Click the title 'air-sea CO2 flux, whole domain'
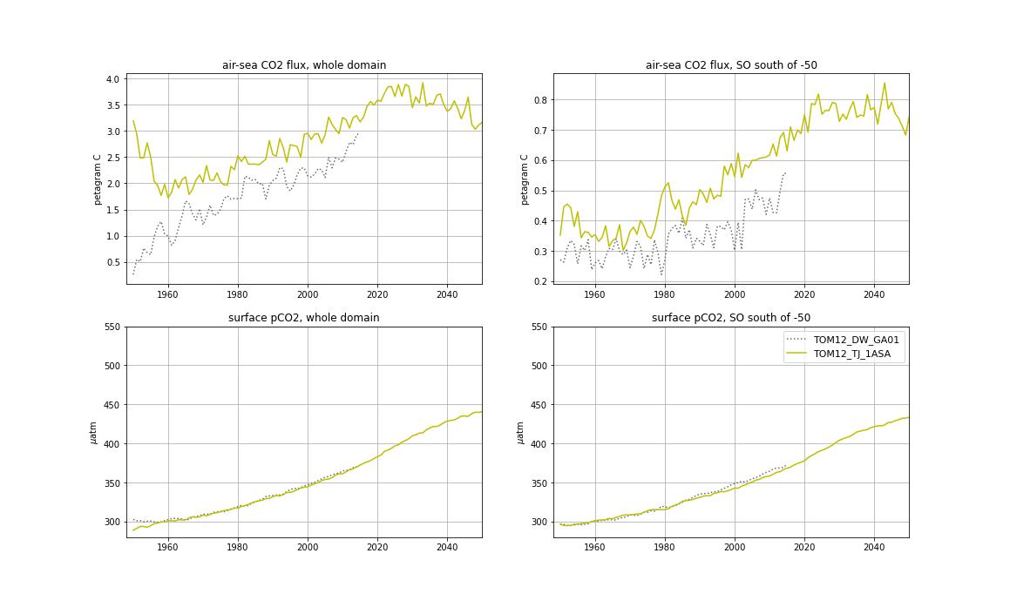(x=303, y=65)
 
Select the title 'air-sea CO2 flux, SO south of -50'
(x=730, y=65)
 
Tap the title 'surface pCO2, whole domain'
(x=303, y=318)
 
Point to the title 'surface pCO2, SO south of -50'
(x=730, y=318)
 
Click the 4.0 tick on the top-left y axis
(x=112, y=79)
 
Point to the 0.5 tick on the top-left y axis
(x=112, y=262)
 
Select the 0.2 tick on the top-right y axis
(x=539, y=281)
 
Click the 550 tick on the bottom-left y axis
(x=110, y=327)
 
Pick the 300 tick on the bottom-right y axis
(x=537, y=522)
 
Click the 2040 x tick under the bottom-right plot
(x=874, y=547)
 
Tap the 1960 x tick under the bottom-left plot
(x=167, y=547)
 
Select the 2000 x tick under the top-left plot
(x=307, y=294)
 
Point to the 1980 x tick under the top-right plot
(x=664, y=294)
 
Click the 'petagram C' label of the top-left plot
(x=98, y=179)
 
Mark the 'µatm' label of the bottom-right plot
(x=521, y=433)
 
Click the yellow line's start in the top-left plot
(x=133, y=121)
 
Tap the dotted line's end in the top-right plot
(x=785, y=172)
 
